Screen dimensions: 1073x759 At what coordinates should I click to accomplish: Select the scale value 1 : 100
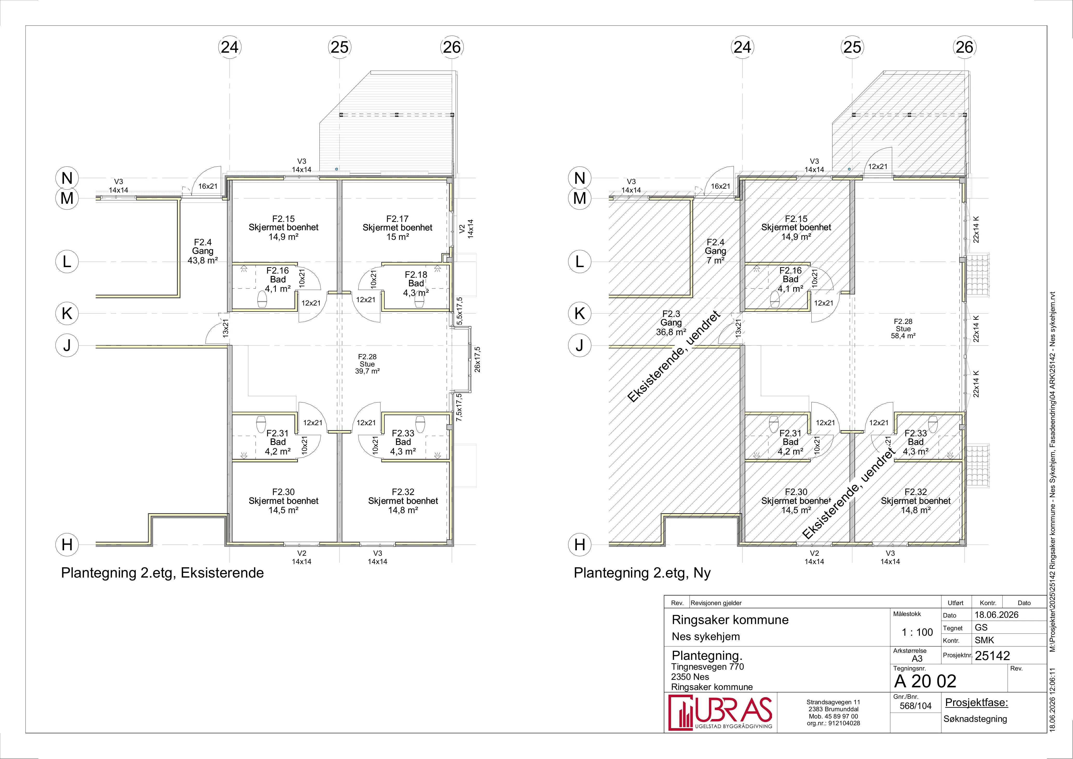(917, 632)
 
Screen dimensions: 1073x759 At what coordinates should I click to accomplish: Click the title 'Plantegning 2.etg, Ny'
(642, 573)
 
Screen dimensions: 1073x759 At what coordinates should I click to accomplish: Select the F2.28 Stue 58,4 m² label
(903, 329)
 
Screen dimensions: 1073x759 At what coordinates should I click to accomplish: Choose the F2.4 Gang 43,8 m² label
(203, 251)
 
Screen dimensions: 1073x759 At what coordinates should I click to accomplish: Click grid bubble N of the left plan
(67, 178)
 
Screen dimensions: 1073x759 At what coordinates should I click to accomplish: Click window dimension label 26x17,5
(477, 360)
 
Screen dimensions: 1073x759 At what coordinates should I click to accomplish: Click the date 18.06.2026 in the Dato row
(996, 615)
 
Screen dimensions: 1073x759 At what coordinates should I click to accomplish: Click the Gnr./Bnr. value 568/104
(915, 706)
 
